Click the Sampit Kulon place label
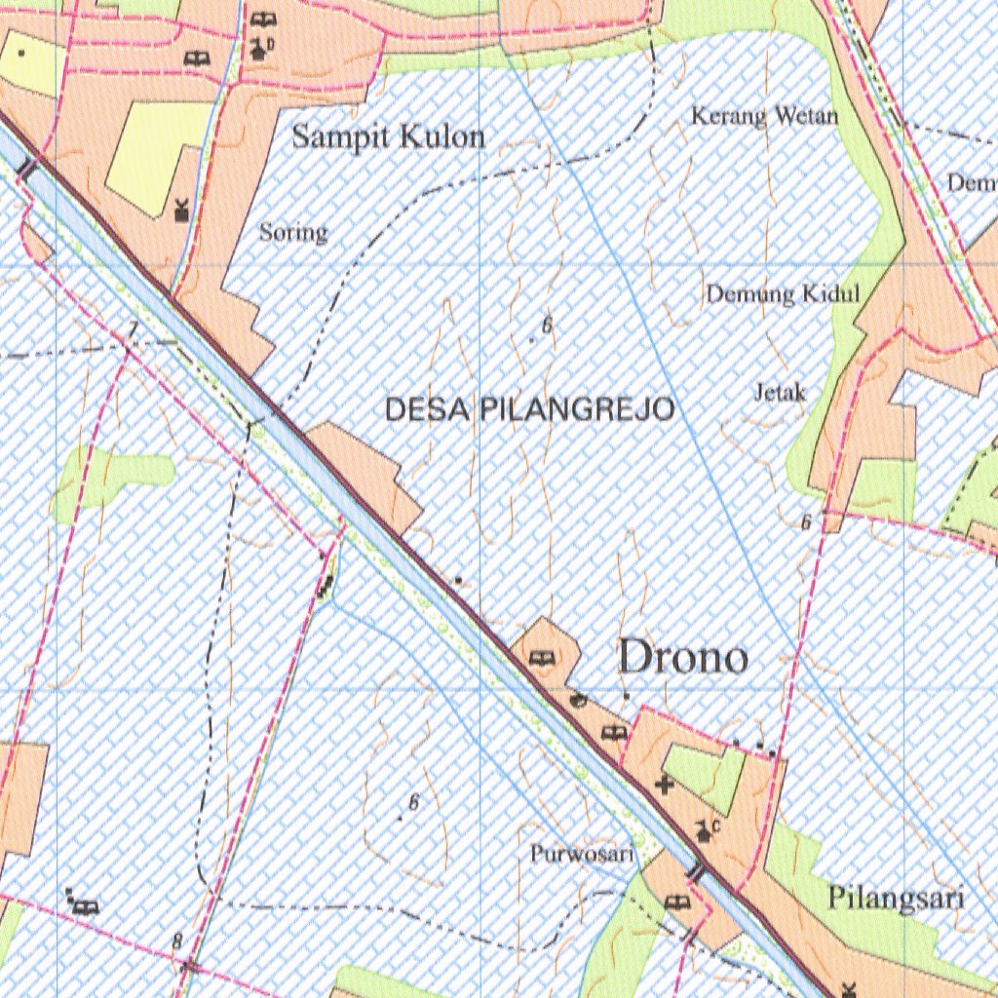pyautogui.click(x=388, y=137)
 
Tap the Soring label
pyautogui.click(x=293, y=233)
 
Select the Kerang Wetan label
pyautogui.click(x=764, y=117)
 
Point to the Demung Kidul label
pyautogui.click(x=783, y=293)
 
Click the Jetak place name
pyautogui.click(x=781, y=393)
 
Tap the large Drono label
pyautogui.click(x=683, y=659)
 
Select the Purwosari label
pyautogui.click(x=582, y=855)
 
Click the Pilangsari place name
pyautogui.click(x=896, y=898)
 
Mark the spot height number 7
pyautogui.click(x=133, y=327)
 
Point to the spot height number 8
pyautogui.click(x=176, y=941)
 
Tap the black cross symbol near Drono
pyautogui.click(x=665, y=784)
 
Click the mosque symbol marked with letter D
pyautogui.click(x=260, y=48)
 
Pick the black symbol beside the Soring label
pyautogui.click(x=181, y=209)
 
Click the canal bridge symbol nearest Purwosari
pyautogui.click(x=695, y=872)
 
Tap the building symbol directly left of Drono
pyautogui.click(x=539, y=659)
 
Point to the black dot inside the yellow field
pyautogui.click(x=21, y=53)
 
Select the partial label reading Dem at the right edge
pyautogui.click(x=972, y=183)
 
